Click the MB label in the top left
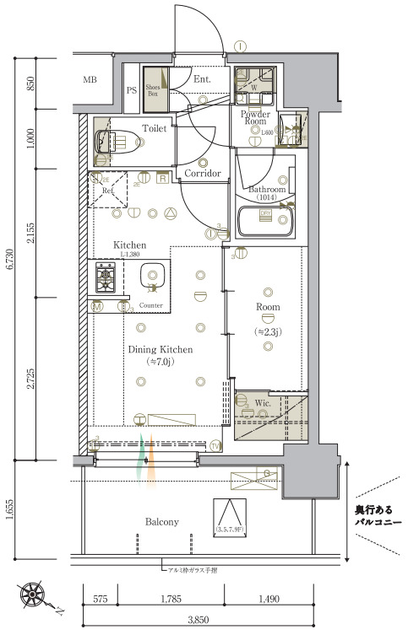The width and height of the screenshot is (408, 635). click(x=90, y=80)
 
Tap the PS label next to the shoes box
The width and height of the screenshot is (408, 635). click(x=132, y=90)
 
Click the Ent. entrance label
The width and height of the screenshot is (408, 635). click(x=202, y=80)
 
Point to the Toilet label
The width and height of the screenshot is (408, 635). click(x=154, y=130)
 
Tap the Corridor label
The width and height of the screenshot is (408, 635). click(x=203, y=173)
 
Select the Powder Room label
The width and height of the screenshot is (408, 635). click(x=254, y=118)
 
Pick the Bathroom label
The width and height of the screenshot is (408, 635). click(x=268, y=191)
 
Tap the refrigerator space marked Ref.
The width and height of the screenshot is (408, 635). click(x=108, y=190)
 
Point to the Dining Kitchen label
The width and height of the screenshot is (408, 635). click(x=160, y=349)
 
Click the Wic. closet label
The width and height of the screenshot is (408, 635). click(x=262, y=403)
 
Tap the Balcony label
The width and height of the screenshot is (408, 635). click(x=160, y=522)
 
